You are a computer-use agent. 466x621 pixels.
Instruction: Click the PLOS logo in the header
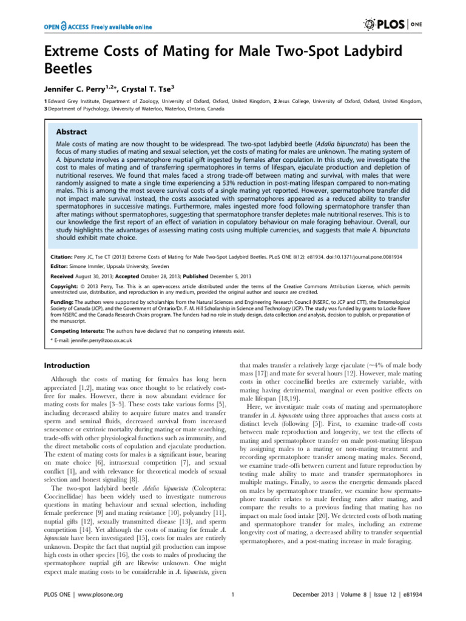[396, 25]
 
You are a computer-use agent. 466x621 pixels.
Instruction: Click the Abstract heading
[72, 132]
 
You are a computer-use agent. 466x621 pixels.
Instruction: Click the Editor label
[56, 264]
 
